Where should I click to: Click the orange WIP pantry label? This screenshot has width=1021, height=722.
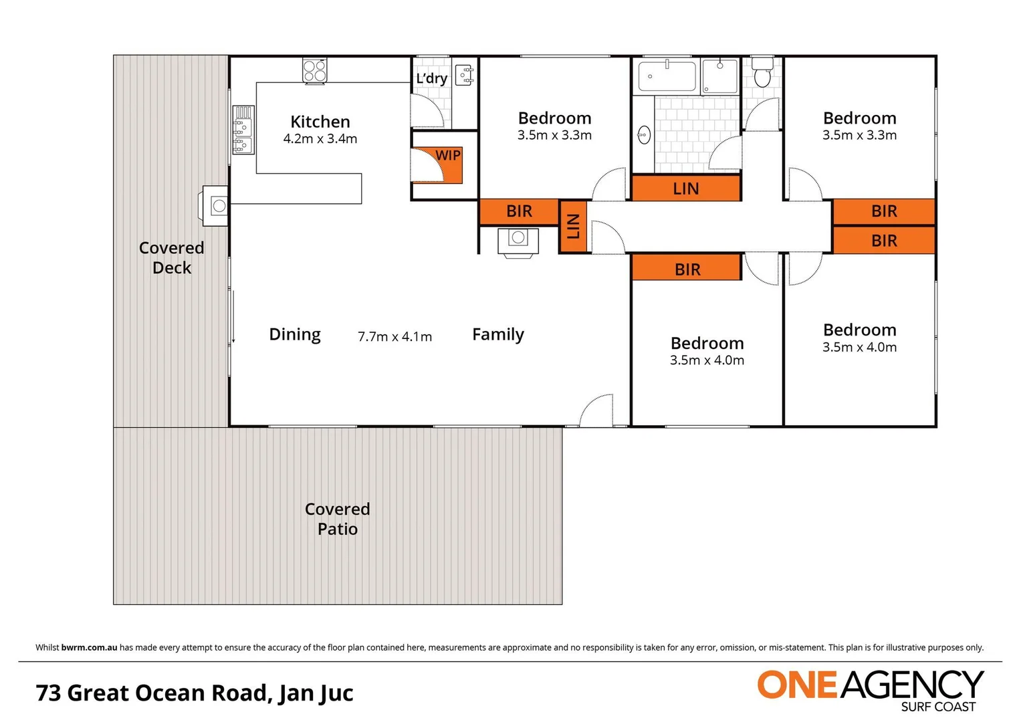tap(447, 156)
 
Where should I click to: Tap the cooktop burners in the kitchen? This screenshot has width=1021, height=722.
tap(315, 70)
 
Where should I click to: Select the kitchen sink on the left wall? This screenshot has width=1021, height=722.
tap(243, 130)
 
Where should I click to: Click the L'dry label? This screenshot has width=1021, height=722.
tap(431, 78)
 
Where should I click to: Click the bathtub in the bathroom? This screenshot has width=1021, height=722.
tap(667, 76)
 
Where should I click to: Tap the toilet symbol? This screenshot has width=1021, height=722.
tap(762, 71)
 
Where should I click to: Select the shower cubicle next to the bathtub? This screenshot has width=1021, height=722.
tap(719, 76)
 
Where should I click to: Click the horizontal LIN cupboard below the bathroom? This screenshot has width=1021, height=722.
tap(686, 189)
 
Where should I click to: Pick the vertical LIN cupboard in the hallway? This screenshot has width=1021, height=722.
tap(573, 226)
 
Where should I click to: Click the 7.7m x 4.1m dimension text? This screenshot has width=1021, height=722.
tap(394, 336)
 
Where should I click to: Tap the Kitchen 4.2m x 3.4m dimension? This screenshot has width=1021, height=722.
tap(320, 139)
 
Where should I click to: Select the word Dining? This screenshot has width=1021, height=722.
tap(295, 334)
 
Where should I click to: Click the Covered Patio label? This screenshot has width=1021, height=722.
tap(338, 519)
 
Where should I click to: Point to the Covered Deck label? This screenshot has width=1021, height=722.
tap(172, 257)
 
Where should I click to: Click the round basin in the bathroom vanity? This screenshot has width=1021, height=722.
tap(644, 134)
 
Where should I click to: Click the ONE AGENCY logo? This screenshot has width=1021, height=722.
tap(869, 689)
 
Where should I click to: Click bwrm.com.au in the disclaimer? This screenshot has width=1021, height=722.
tap(89, 647)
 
